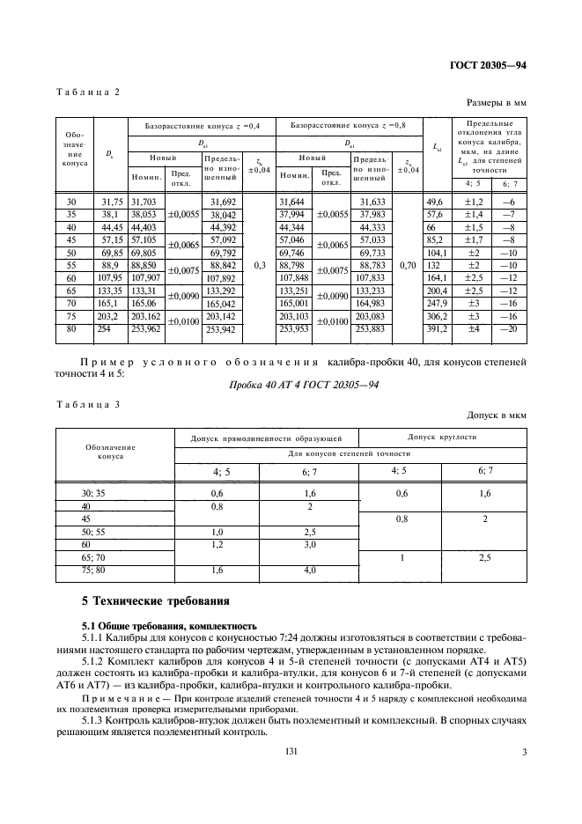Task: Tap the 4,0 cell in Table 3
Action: point(309,570)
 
